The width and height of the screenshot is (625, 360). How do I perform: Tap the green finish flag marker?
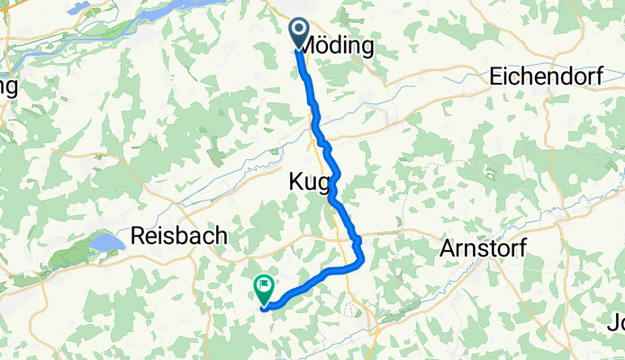[x=264, y=290]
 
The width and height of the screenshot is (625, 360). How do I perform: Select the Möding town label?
[x=338, y=46]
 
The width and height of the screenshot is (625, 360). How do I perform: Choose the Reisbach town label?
[x=178, y=236]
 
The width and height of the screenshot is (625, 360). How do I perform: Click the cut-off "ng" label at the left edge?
[x=9, y=86]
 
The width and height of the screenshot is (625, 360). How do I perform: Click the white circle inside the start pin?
[x=300, y=31]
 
